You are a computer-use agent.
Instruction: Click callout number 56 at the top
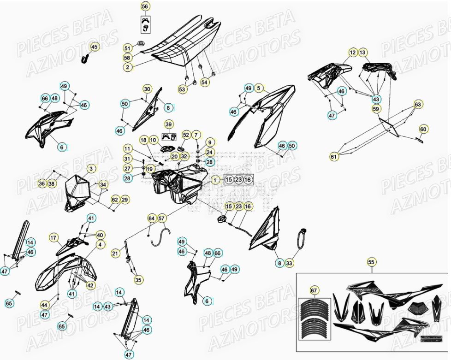(145, 6)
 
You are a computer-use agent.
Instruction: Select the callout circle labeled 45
(94, 47)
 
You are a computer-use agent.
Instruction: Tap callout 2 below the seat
(127, 67)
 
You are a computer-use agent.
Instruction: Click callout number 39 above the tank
(168, 124)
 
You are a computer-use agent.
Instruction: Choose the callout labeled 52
(186, 135)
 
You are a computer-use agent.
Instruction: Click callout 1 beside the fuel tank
(215, 180)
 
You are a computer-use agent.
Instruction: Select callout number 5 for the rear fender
(259, 88)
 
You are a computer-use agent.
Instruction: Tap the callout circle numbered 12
(353, 53)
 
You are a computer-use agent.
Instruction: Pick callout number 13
(363, 53)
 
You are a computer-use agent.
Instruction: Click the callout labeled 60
(423, 129)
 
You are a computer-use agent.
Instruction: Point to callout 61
(334, 157)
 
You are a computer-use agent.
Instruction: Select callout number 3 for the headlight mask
(91, 169)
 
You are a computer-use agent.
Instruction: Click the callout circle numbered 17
(54, 238)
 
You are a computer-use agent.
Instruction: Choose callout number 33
(289, 263)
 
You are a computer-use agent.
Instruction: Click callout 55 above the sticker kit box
(371, 262)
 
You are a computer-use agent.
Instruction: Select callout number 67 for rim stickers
(314, 290)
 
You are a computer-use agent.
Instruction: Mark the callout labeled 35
(138, 279)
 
